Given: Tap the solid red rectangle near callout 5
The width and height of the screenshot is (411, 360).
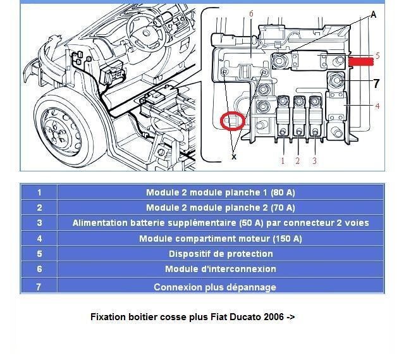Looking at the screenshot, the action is [360, 61].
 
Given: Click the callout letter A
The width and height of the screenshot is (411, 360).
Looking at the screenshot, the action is [373, 15].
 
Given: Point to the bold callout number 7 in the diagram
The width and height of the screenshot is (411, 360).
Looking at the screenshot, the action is [376, 83].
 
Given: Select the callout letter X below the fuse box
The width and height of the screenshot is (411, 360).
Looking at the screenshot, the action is [234, 157].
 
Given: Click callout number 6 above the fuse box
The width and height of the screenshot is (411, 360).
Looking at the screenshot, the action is [252, 14].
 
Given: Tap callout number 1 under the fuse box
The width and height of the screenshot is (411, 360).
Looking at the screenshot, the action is [283, 161].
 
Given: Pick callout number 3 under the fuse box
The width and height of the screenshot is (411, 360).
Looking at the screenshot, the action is [314, 161].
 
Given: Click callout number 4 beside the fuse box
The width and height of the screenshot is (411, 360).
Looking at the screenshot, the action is [377, 106].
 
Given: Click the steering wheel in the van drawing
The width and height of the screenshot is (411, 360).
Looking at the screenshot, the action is [145, 32].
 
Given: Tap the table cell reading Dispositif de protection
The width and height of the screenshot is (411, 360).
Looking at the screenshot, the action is [221, 254].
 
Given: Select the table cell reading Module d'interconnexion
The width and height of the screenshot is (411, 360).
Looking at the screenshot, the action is [221, 269].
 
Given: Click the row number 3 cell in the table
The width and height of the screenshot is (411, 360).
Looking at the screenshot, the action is [39, 223].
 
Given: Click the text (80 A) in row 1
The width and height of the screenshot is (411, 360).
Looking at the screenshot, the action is [283, 192].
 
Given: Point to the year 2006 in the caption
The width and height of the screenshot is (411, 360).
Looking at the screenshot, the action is [274, 317].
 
